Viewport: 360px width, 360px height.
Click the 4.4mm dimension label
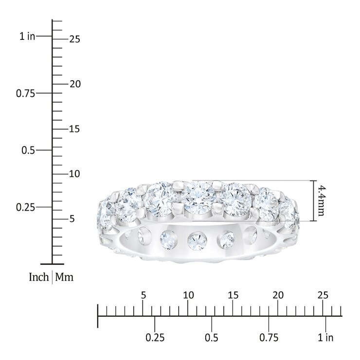pos(320,201)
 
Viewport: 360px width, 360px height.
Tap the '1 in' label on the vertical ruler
pos(27,36)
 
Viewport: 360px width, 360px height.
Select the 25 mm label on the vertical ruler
pos(75,39)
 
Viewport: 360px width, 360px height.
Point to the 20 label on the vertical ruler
pos(75,84)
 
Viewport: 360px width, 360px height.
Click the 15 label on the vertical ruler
pos(74,129)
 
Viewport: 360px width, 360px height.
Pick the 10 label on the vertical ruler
pos(74,174)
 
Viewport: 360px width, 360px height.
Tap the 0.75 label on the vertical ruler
pos(25,93)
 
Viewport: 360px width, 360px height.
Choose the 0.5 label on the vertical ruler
pos(28,150)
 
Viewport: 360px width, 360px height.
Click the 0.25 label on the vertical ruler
pos(25,207)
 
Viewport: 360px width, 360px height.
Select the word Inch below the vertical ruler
pos(39,277)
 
